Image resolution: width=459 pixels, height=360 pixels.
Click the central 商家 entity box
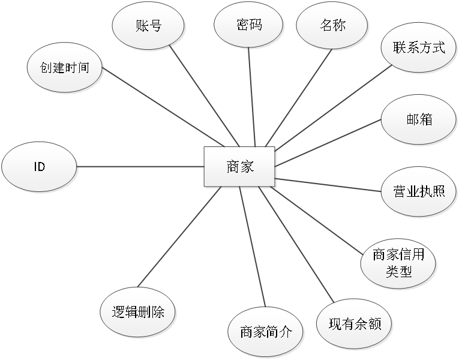click(x=239, y=166)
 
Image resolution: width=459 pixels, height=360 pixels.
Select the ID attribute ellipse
click(x=40, y=166)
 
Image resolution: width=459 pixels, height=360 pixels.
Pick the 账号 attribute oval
click(x=148, y=25)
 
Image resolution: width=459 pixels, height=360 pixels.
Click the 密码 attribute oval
click(x=249, y=25)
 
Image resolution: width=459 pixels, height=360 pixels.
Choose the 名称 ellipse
click(x=332, y=25)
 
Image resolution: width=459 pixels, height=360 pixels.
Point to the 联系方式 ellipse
click(x=419, y=48)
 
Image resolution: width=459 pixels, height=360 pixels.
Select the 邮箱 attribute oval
click(x=419, y=119)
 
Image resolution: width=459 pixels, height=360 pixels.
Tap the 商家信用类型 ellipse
click(x=398, y=263)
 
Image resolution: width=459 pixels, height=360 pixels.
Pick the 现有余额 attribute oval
click(x=355, y=324)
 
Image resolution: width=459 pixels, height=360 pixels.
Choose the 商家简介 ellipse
click(x=266, y=331)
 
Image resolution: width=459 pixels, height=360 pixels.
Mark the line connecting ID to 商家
click(x=141, y=166)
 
